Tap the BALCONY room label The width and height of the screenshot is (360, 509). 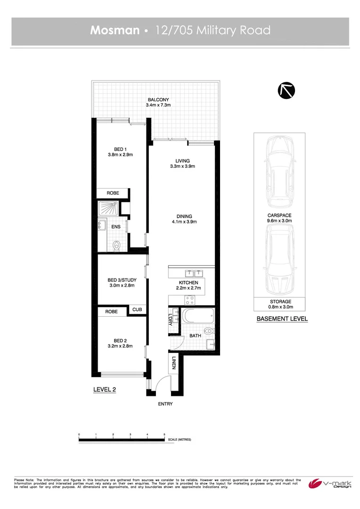pyautogui.click(x=158, y=100)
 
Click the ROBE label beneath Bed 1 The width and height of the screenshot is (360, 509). pyautogui.click(x=113, y=193)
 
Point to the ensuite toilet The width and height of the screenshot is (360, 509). pyautogui.click(x=117, y=245)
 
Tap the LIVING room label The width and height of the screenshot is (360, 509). pyautogui.click(x=182, y=161)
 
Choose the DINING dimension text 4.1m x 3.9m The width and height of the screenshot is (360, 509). pyautogui.click(x=184, y=222)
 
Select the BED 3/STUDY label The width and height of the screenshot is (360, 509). pyautogui.click(x=122, y=280)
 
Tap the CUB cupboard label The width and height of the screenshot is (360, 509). pyautogui.click(x=137, y=310)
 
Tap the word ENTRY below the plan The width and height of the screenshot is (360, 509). pyautogui.click(x=165, y=404)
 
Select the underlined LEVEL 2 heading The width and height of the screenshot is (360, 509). pyautogui.click(x=105, y=389)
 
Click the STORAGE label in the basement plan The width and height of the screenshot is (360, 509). pyautogui.click(x=280, y=301)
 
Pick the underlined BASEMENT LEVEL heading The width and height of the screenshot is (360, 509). pyautogui.click(x=282, y=319)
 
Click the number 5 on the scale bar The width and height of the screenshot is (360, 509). pyautogui.click(x=164, y=434)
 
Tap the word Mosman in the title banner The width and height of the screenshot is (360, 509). pyautogui.click(x=115, y=31)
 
